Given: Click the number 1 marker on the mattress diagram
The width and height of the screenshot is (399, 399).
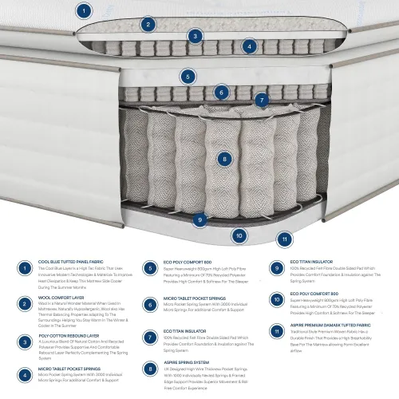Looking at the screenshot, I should tap(84, 10).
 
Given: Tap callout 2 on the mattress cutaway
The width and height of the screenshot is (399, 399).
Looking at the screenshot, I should tap(147, 24).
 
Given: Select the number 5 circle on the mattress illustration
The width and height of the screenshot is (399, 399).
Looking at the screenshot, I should tap(188, 77).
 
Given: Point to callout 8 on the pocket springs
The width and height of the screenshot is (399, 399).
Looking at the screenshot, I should tap(226, 160).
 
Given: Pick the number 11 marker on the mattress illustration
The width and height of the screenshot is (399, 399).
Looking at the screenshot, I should tap(285, 238).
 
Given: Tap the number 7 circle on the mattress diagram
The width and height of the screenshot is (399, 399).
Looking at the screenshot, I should tap(261, 100).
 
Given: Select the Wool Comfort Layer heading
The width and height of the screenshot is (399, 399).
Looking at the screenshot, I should tap(61, 296).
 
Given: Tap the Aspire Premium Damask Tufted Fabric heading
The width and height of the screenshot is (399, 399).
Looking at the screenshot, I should tap(330, 326).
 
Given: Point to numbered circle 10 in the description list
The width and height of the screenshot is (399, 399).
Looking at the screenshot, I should tap(276, 300).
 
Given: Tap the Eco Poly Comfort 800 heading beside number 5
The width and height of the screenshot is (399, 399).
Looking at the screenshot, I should tap(188, 261).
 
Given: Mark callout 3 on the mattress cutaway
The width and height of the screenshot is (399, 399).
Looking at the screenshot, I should tap(195, 36).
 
